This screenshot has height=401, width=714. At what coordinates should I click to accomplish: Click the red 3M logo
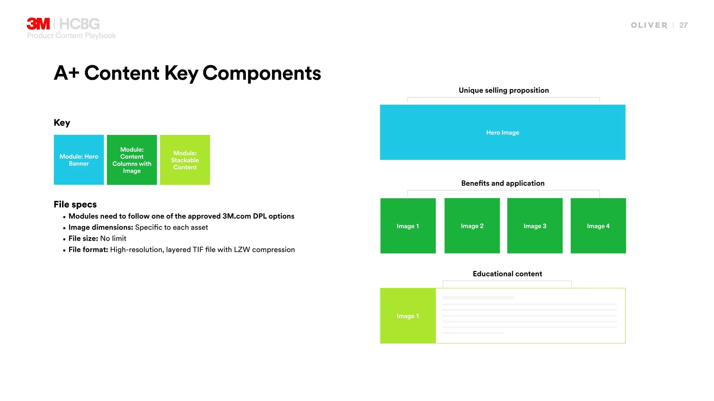point(38,24)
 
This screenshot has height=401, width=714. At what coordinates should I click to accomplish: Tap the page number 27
point(683,25)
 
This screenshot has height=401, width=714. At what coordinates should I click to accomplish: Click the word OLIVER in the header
point(649,25)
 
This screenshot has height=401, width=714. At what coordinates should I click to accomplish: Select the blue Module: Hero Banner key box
point(79,160)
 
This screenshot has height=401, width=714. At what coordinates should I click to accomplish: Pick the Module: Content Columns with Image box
point(132,160)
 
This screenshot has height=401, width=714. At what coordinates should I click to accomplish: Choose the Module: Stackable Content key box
point(185,160)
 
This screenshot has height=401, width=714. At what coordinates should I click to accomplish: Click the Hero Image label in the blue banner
point(502,133)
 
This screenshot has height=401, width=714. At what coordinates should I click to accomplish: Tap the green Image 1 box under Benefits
point(408,226)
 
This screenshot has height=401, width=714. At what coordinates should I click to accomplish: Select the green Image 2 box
point(472,226)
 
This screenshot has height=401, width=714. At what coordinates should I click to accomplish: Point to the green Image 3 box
point(535,226)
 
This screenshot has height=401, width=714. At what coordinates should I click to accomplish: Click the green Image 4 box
point(598,226)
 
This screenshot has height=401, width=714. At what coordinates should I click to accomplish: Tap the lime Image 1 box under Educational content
point(408,316)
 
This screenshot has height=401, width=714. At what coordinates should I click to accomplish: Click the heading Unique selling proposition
point(504,90)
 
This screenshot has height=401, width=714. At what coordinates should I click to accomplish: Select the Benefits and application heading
point(503,183)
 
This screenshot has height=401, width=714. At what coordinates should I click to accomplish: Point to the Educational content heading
point(507,274)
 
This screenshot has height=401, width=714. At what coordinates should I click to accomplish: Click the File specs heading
point(75,204)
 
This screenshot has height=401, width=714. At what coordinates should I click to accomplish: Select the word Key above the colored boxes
point(62,123)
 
